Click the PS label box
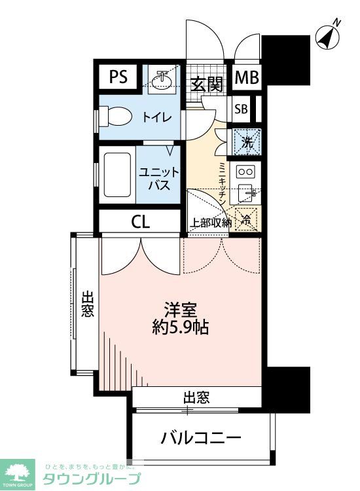[x=118, y=78]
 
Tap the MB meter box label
[x=247, y=78]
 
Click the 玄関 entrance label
[x=207, y=84]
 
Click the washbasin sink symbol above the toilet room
[x=158, y=80]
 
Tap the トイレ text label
[x=157, y=118]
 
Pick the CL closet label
[x=140, y=221]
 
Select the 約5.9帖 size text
[x=180, y=328]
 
